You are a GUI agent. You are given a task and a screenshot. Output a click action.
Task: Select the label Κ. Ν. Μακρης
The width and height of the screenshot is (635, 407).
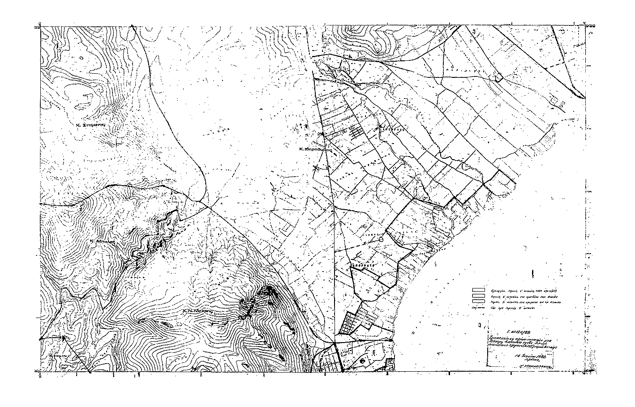pos(197,309)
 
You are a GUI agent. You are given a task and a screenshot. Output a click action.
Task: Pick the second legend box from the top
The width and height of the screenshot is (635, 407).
pos(478,296)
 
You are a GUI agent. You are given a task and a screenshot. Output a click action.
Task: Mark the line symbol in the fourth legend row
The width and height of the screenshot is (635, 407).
pos(478,308)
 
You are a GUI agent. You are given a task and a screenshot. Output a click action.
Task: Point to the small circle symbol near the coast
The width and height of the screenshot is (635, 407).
pos(381,240)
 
